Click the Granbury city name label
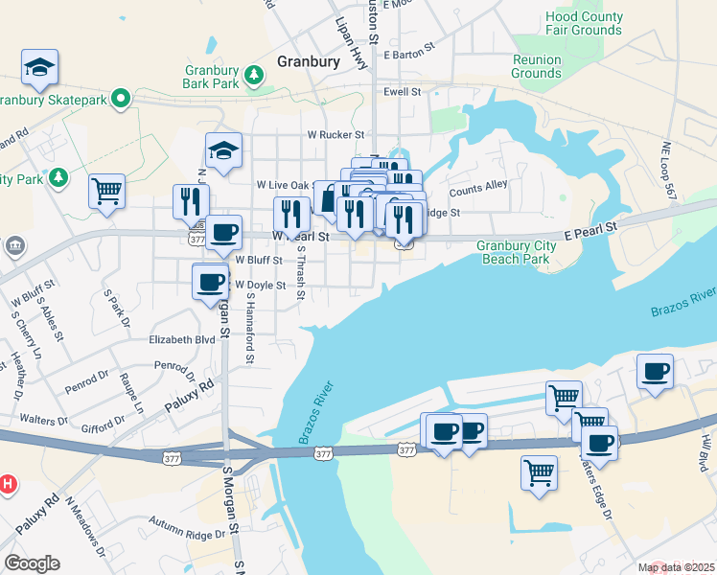pos(309,61)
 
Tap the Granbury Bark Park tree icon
pos(253,74)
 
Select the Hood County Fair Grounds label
pos(583,23)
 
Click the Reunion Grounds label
pos(536,66)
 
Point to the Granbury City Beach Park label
pos(515,252)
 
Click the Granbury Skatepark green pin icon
pos(120,98)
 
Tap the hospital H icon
pos(9,485)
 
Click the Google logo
pos(32,563)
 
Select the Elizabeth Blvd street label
pos(181,339)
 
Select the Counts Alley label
pos(477,189)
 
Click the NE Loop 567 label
pos(668,171)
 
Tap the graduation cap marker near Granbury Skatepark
pos(40,67)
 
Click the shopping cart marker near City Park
pos(107,190)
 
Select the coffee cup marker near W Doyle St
pos(211,282)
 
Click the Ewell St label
pos(403,92)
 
